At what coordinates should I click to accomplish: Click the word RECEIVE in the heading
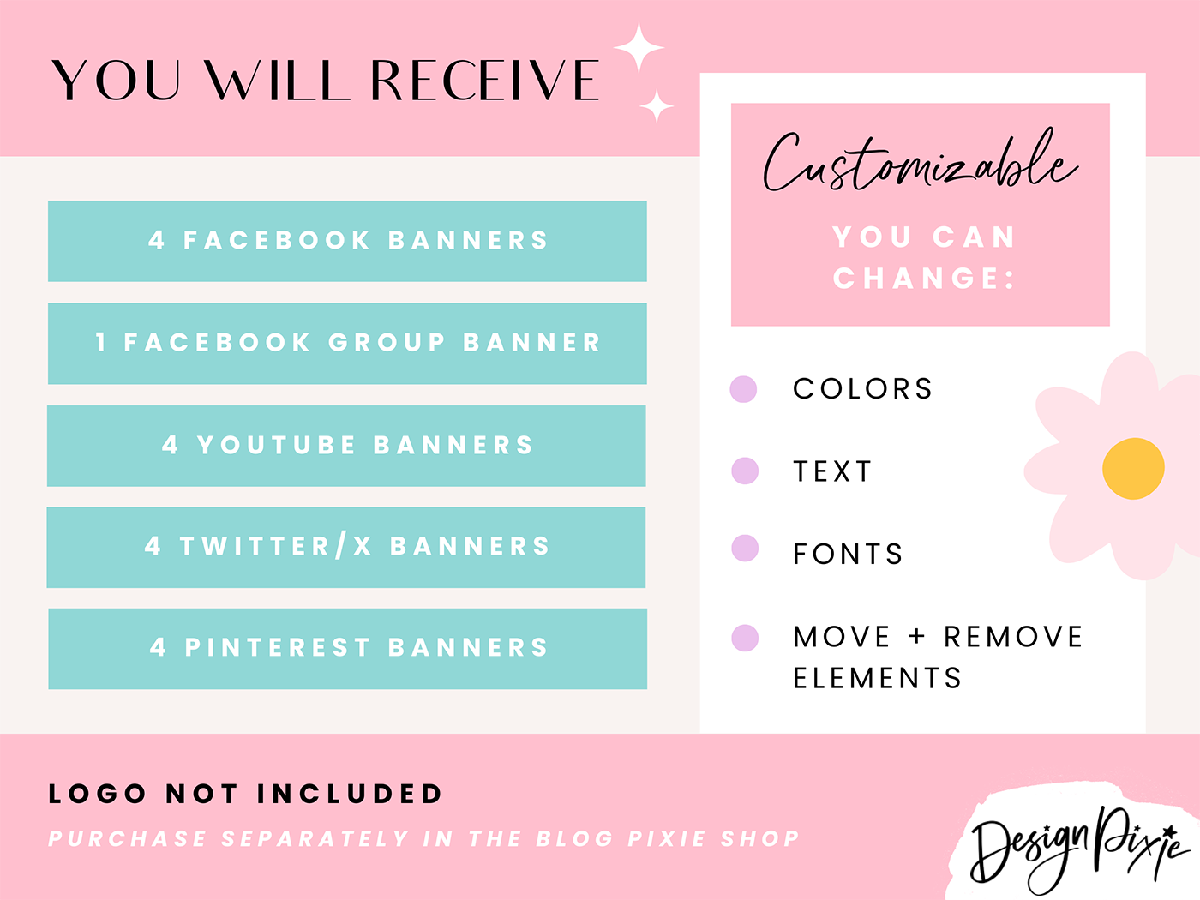click(484, 81)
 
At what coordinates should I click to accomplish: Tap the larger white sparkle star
click(639, 48)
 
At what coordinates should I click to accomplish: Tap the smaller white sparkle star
click(657, 106)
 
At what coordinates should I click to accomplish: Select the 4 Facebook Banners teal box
click(347, 241)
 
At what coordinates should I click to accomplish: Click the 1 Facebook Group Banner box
click(347, 343)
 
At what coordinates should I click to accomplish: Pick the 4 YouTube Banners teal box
click(347, 446)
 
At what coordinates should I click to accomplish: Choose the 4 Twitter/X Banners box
click(347, 547)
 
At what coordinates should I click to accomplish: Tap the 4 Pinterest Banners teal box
click(347, 648)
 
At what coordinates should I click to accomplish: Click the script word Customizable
click(919, 163)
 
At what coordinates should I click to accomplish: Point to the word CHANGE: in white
click(923, 279)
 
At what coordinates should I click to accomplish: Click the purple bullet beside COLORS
click(743, 388)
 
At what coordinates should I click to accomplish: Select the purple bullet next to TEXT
click(745, 471)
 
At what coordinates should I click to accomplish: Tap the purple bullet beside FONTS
click(745, 548)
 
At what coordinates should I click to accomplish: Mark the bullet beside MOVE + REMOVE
click(745, 638)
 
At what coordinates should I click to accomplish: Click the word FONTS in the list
click(848, 555)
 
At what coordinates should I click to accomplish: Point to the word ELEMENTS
click(877, 679)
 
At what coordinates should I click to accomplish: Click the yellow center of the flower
click(1133, 468)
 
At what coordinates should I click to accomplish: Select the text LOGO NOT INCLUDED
click(245, 795)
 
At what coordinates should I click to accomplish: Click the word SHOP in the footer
click(760, 838)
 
